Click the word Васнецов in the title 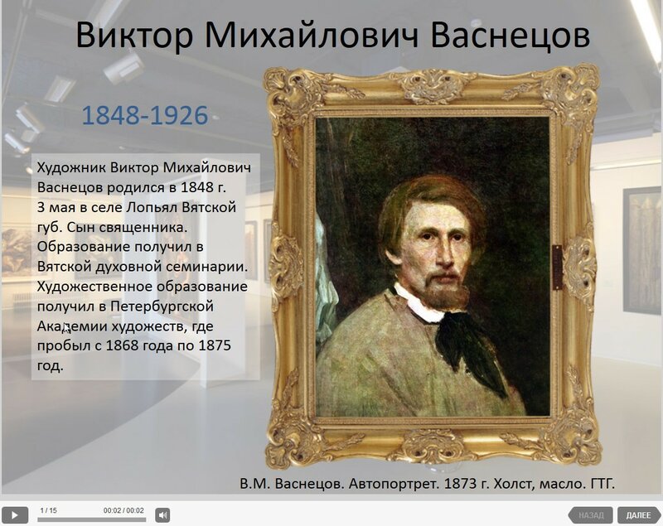coord(510,35)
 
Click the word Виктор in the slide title coord(134,35)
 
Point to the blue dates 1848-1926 coord(145,115)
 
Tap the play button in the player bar coord(14,515)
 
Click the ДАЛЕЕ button coord(638,515)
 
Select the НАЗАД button coord(591,515)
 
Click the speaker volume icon coord(162,515)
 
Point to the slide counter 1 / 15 coord(48,510)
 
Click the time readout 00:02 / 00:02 coord(123,510)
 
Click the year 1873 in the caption coord(459,483)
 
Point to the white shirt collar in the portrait coord(419,304)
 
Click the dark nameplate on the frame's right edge coord(557,268)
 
